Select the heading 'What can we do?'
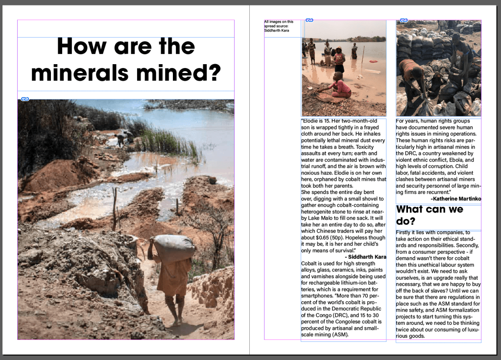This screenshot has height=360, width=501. tap(429, 215)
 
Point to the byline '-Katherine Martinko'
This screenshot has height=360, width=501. tap(455, 199)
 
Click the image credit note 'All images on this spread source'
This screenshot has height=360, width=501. tap(279, 26)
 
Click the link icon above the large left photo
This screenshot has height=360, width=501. tap(25, 99)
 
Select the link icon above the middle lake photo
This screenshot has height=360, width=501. tap(309, 20)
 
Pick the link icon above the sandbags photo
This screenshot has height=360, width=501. tap(404, 20)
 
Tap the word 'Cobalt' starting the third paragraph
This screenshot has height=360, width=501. tap(310, 264)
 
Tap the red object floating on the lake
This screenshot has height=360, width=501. tap(374, 62)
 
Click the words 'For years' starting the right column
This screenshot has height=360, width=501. tap(408, 121)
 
